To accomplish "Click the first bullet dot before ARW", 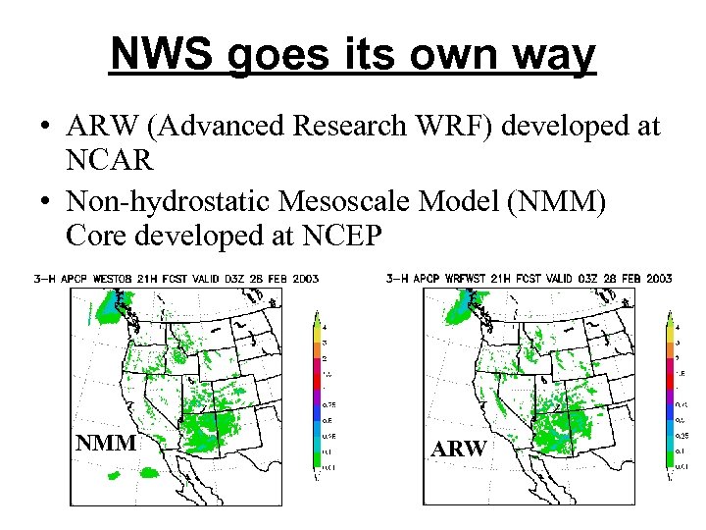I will click(x=46, y=128).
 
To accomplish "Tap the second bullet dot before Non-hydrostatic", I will click(x=46, y=202).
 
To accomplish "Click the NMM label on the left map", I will click(x=106, y=443).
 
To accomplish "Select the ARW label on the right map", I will click(x=459, y=449).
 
